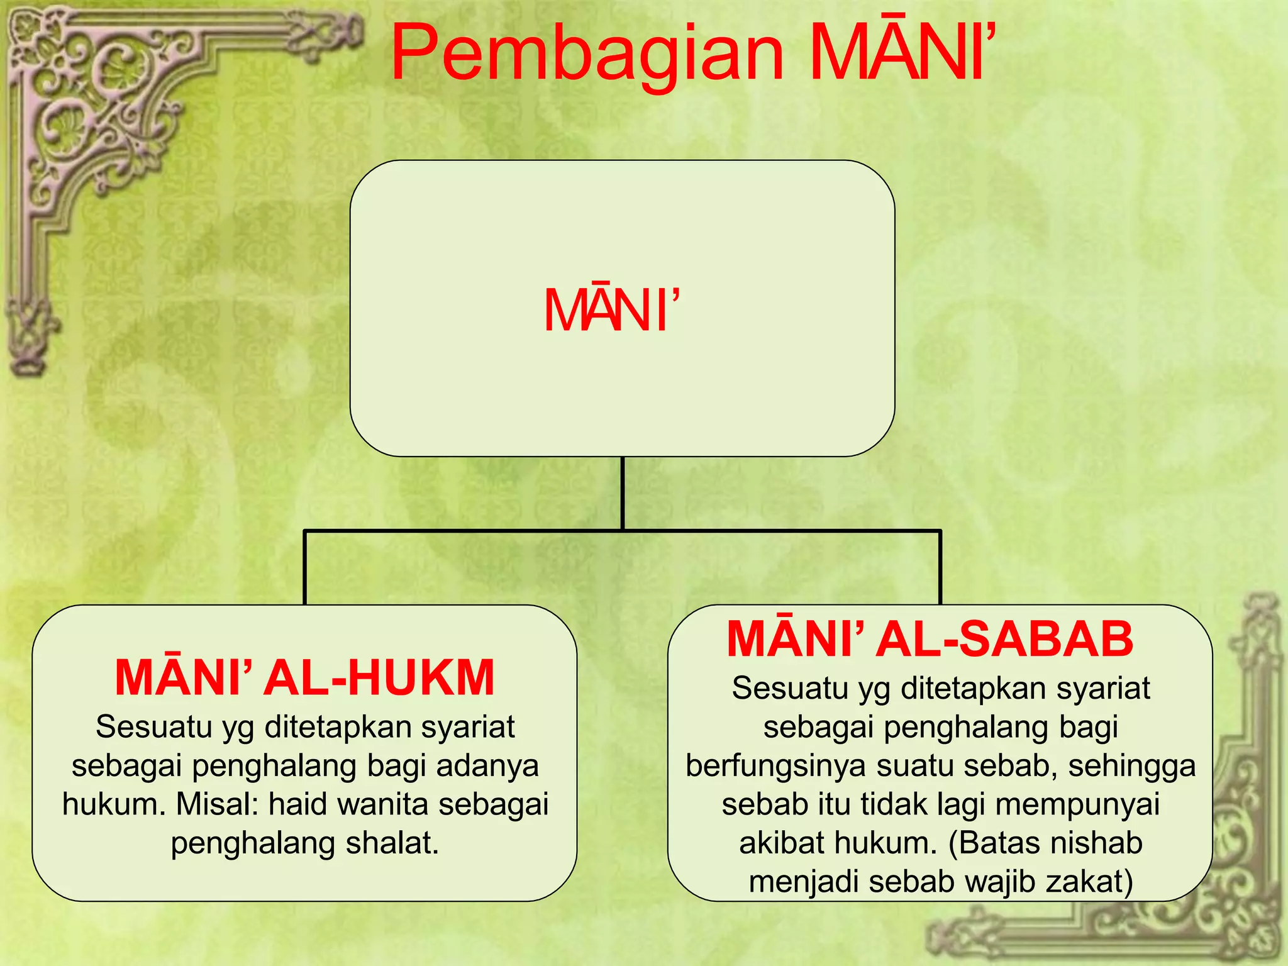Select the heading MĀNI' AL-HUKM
pyautogui.click(x=305, y=677)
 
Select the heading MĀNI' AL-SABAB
pyautogui.click(x=930, y=639)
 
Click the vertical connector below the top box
pyautogui.click(x=622, y=494)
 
